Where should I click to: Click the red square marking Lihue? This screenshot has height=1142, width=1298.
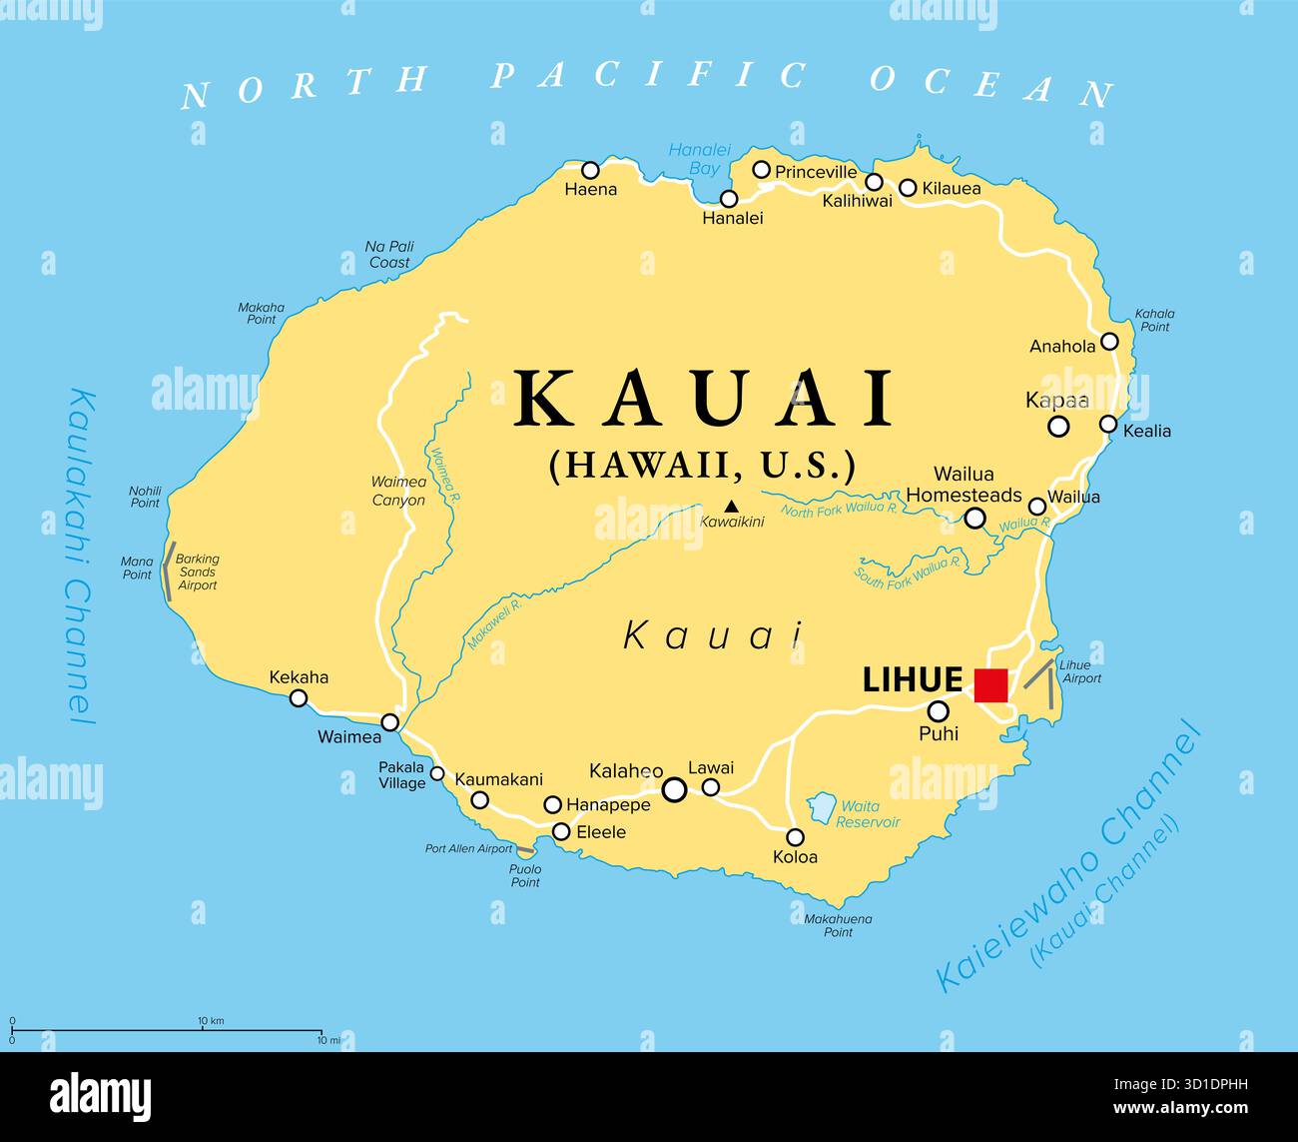[x=990, y=685]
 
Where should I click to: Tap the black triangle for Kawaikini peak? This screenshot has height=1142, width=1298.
[x=731, y=506]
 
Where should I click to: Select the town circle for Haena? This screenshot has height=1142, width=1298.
[x=591, y=170]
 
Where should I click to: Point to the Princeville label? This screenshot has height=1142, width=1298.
[x=816, y=172]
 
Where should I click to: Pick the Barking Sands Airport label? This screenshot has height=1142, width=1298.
[x=197, y=572]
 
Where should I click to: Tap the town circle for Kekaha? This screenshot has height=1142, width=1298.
[x=299, y=698]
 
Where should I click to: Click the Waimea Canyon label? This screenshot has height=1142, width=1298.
[x=398, y=491]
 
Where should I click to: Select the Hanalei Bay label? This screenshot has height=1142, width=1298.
[x=693, y=159]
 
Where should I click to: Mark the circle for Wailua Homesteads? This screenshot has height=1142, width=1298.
[x=974, y=518]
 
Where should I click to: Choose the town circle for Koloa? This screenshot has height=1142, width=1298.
[x=796, y=837]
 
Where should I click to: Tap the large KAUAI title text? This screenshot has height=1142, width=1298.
[x=704, y=399]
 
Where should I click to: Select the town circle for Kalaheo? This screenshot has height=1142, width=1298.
[x=675, y=790]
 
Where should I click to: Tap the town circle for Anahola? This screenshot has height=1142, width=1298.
[x=1109, y=343]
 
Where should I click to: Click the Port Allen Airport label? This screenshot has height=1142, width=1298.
[x=468, y=849]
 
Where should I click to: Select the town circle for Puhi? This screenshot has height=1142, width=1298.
[x=939, y=711]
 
